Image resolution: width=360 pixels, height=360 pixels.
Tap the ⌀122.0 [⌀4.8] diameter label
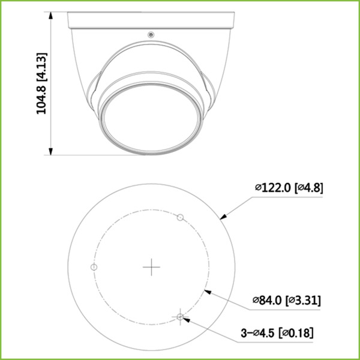pyautogui.click(x=289, y=188)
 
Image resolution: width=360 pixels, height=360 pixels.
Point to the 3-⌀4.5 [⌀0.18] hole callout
pyautogui.click(x=277, y=332)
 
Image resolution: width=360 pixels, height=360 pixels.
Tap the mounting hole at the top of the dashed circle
pyautogui.click(x=179, y=216)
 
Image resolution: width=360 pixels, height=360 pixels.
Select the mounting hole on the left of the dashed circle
pyautogui.click(x=93, y=266)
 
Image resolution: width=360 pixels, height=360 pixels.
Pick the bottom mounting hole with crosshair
pyautogui.click(x=181, y=316)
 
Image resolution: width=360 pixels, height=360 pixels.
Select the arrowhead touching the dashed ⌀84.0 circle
pyautogui.click(x=206, y=290)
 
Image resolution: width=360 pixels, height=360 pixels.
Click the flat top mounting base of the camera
pyautogui.click(x=150, y=19)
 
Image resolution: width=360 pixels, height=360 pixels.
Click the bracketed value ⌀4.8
pyautogui.click(x=310, y=188)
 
